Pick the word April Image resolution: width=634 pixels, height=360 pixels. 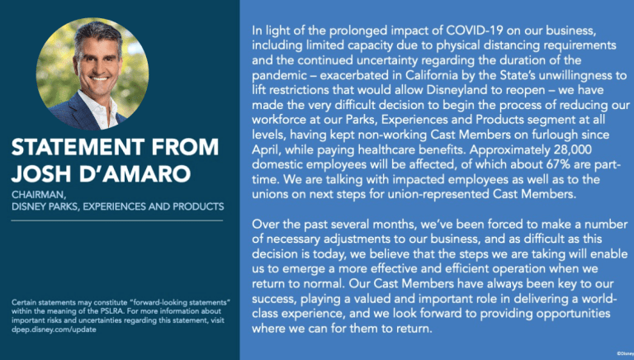coord(266,150)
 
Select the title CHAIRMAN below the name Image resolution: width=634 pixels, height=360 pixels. coord(39,195)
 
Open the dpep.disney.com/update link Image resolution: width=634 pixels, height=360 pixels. coord(54,329)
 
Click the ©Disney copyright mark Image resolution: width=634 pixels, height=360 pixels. coord(625,353)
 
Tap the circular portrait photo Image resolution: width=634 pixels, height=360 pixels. coord(92,74)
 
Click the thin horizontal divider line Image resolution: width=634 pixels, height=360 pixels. coord(117,220)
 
